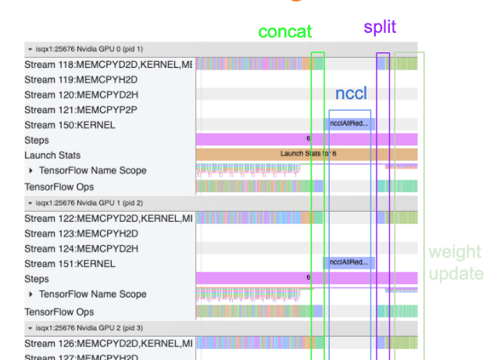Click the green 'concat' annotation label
[284, 32]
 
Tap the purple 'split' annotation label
[380, 27]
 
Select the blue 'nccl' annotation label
[351, 94]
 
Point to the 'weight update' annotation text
[456, 262]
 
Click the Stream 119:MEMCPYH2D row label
[70, 80]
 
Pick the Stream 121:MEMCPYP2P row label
[70, 109]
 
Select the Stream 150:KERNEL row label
[70, 125]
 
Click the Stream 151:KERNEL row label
[70, 263]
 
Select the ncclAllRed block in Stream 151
[349, 263]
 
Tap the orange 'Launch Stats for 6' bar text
[308, 155]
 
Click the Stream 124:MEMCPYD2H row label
[70, 248]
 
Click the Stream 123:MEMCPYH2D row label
[70, 233]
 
